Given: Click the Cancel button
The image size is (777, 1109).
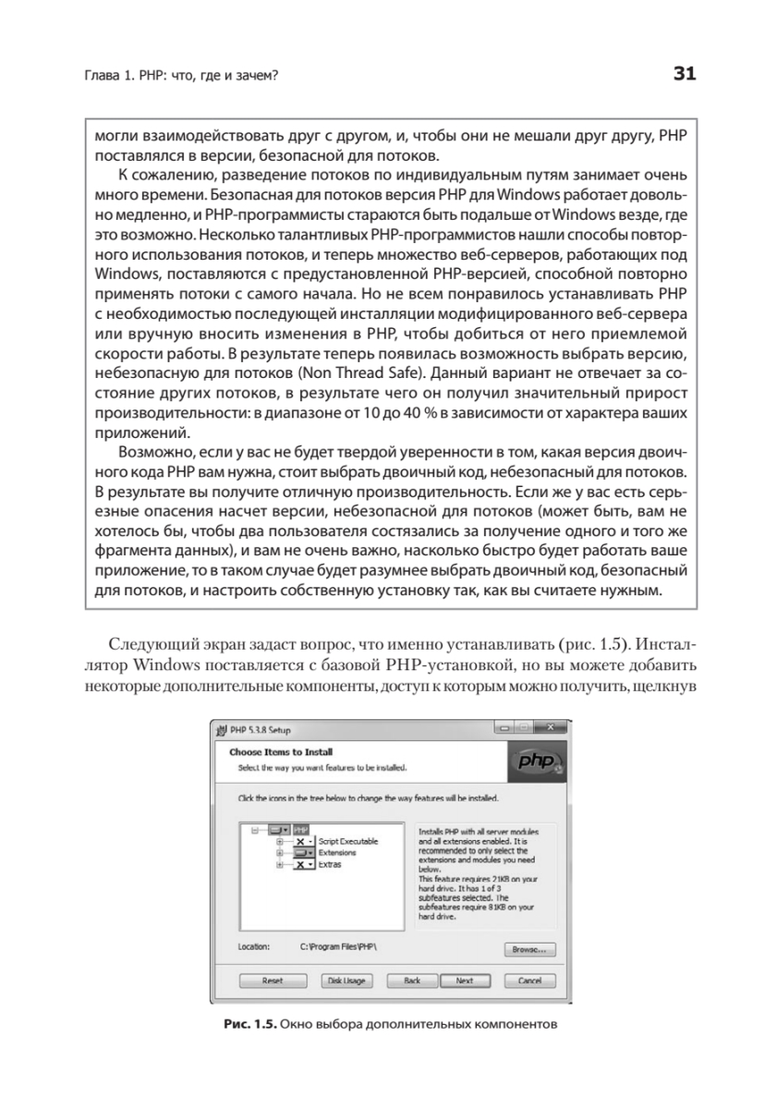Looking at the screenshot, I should (529, 980).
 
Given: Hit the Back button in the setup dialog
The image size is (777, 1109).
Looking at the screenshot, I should (412, 980).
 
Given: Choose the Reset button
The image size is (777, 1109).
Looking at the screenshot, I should (273, 980).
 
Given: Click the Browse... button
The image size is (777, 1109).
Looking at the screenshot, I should (529, 948).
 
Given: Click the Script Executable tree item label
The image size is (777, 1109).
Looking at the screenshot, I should (348, 842).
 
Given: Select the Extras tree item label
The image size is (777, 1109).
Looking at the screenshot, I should (330, 864).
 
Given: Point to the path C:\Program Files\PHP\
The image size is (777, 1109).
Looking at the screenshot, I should (339, 946).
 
